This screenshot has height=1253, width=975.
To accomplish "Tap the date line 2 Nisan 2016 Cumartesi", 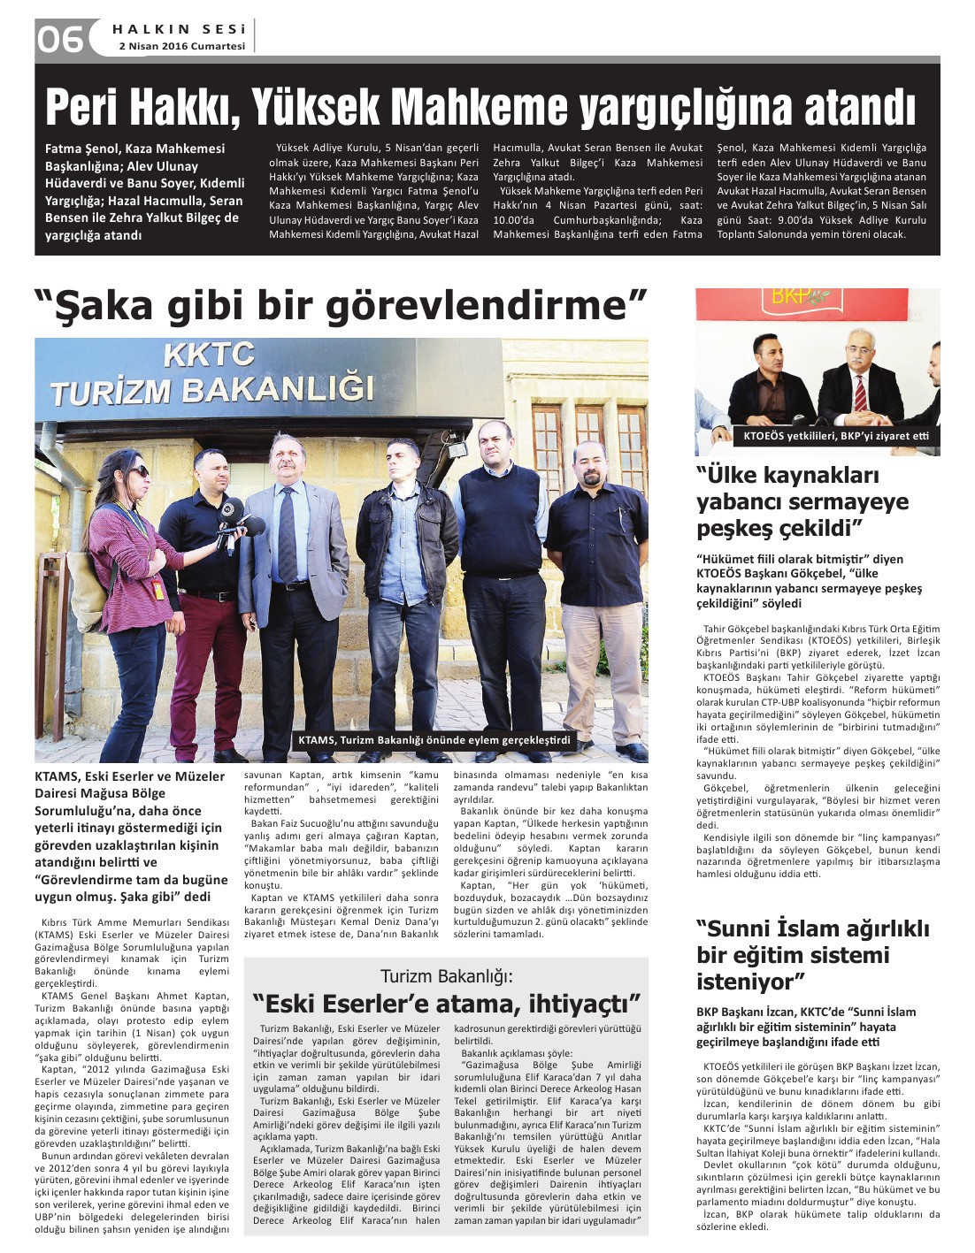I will click(181, 46).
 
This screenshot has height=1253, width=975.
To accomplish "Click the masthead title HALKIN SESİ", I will click(180, 28).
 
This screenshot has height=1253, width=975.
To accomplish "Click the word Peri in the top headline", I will click(81, 107).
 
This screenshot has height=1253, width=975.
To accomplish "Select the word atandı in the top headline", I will click(859, 107).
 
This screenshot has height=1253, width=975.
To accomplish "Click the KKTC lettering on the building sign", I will click(209, 355).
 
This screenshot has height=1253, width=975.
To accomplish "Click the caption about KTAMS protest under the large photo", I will click(434, 740).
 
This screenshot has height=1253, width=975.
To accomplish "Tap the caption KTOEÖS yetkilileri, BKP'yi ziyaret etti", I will click(835, 436).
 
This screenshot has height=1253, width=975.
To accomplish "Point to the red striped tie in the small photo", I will click(860, 393).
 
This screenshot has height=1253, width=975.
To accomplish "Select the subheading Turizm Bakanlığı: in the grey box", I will click(446, 976).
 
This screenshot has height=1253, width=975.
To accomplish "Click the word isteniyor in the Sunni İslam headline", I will click(747, 982).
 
